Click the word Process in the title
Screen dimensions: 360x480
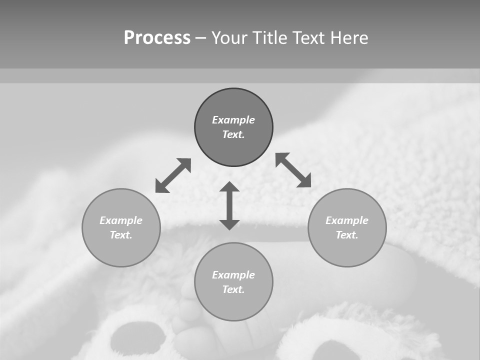(157, 38)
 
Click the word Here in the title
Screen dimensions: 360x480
(348, 38)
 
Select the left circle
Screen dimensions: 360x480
(121, 250)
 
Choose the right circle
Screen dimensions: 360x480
(347, 250)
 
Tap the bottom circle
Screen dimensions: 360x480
(233, 305)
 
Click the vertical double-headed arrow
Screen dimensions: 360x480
(229, 205)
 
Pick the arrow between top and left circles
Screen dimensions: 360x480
(173, 175)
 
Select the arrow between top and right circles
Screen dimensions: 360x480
(293, 170)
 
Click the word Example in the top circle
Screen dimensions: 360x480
(233, 120)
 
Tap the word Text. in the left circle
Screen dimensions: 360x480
(121, 235)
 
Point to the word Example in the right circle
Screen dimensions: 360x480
(347, 220)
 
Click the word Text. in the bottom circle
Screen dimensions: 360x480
(233, 289)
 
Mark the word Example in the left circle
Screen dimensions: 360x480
(121, 220)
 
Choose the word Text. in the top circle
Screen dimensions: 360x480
(233, 134)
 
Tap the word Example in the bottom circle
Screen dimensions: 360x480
(233, 275)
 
